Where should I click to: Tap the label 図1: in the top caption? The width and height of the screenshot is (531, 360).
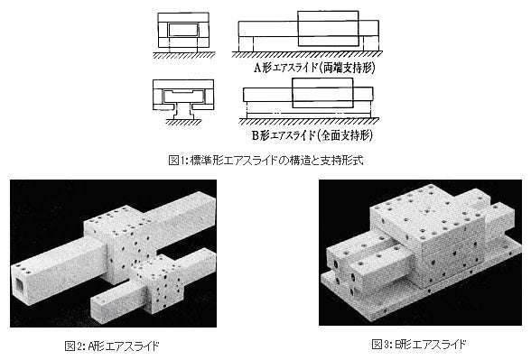[x=179, y=160]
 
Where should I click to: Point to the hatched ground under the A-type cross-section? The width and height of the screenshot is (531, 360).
[x=183, y=54]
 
